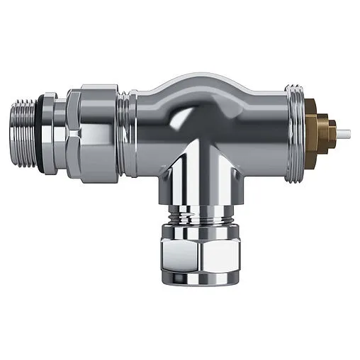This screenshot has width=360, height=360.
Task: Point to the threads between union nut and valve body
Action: (125, 134)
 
